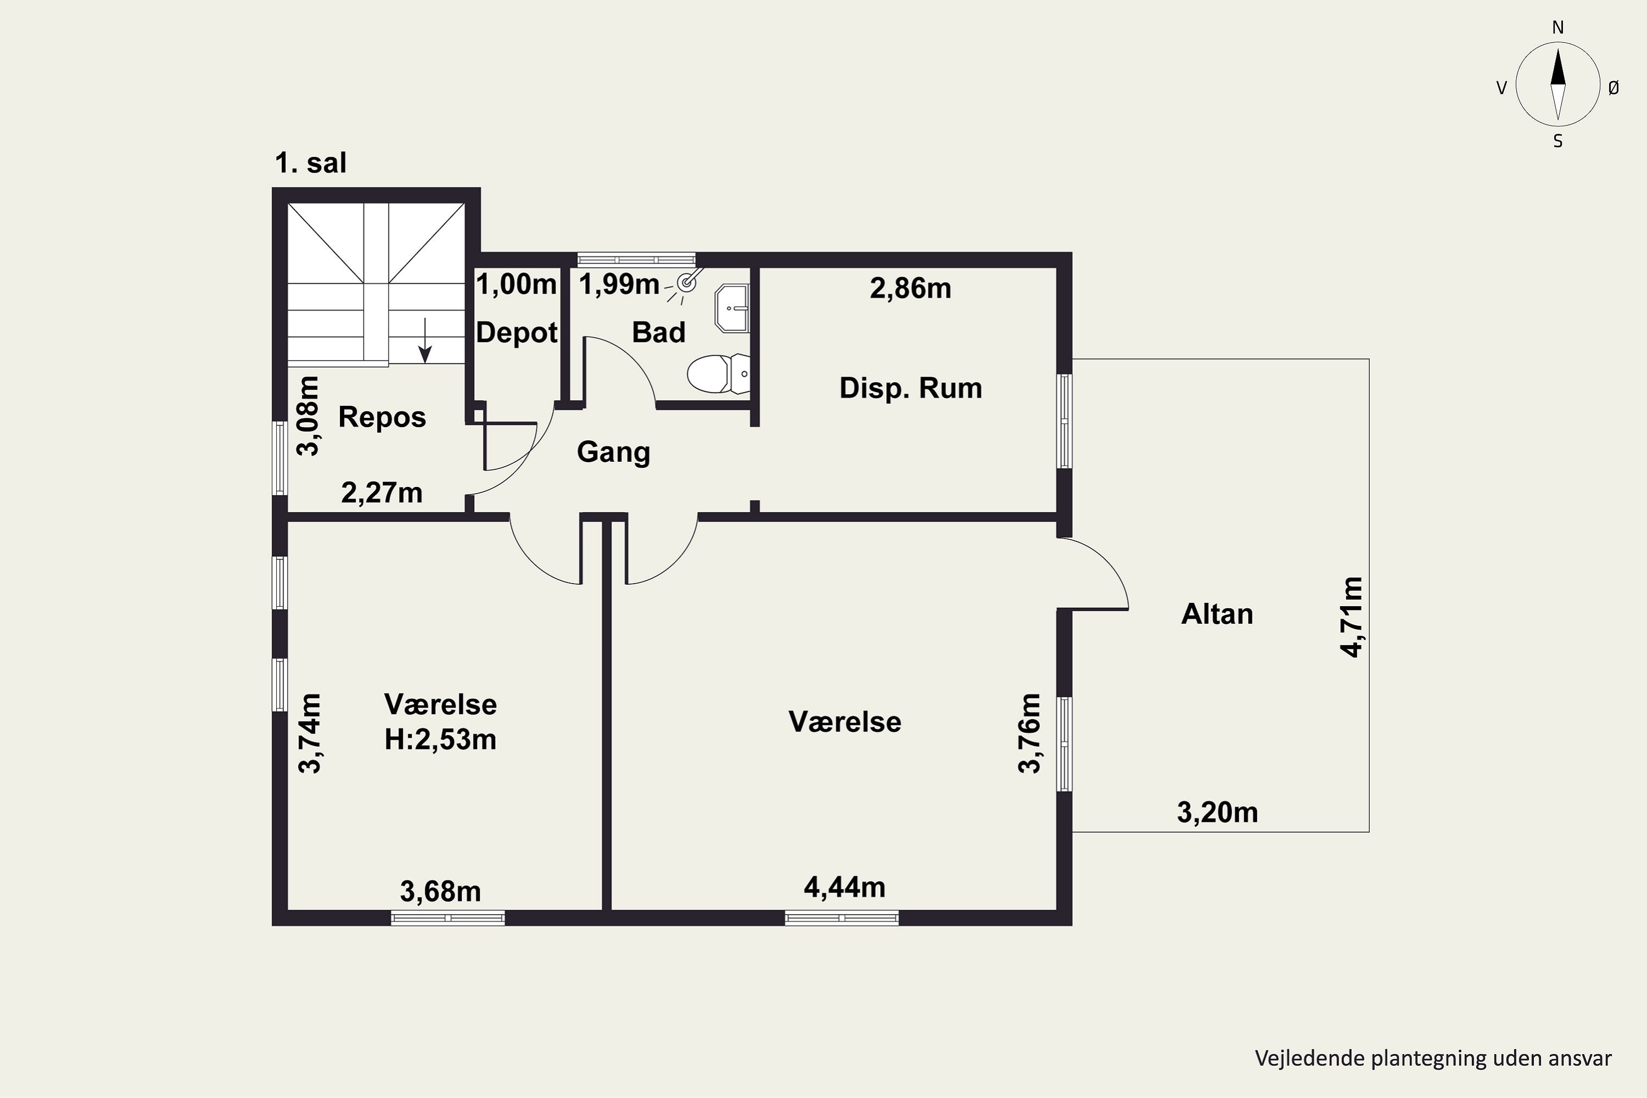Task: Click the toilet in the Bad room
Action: click(718, 374)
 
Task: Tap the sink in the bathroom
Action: click(732, 308)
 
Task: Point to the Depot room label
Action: click(517, 333)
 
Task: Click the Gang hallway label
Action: click(613, 452)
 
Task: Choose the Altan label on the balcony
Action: click(1217, 614)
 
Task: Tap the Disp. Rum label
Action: click(910, 388)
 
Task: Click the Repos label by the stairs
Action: click(382, 417)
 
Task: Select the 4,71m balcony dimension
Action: click(1352, 617)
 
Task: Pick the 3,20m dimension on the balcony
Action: click(1217, 813)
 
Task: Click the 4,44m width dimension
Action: click(844, 887)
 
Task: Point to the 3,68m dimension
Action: click(440, 892)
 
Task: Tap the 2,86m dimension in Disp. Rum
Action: click(910, 289)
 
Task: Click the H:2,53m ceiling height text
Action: click(440, 740)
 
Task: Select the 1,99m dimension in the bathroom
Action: click(619, 284)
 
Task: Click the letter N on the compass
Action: click(1558, 27)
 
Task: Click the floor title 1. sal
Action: click(311, 163)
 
